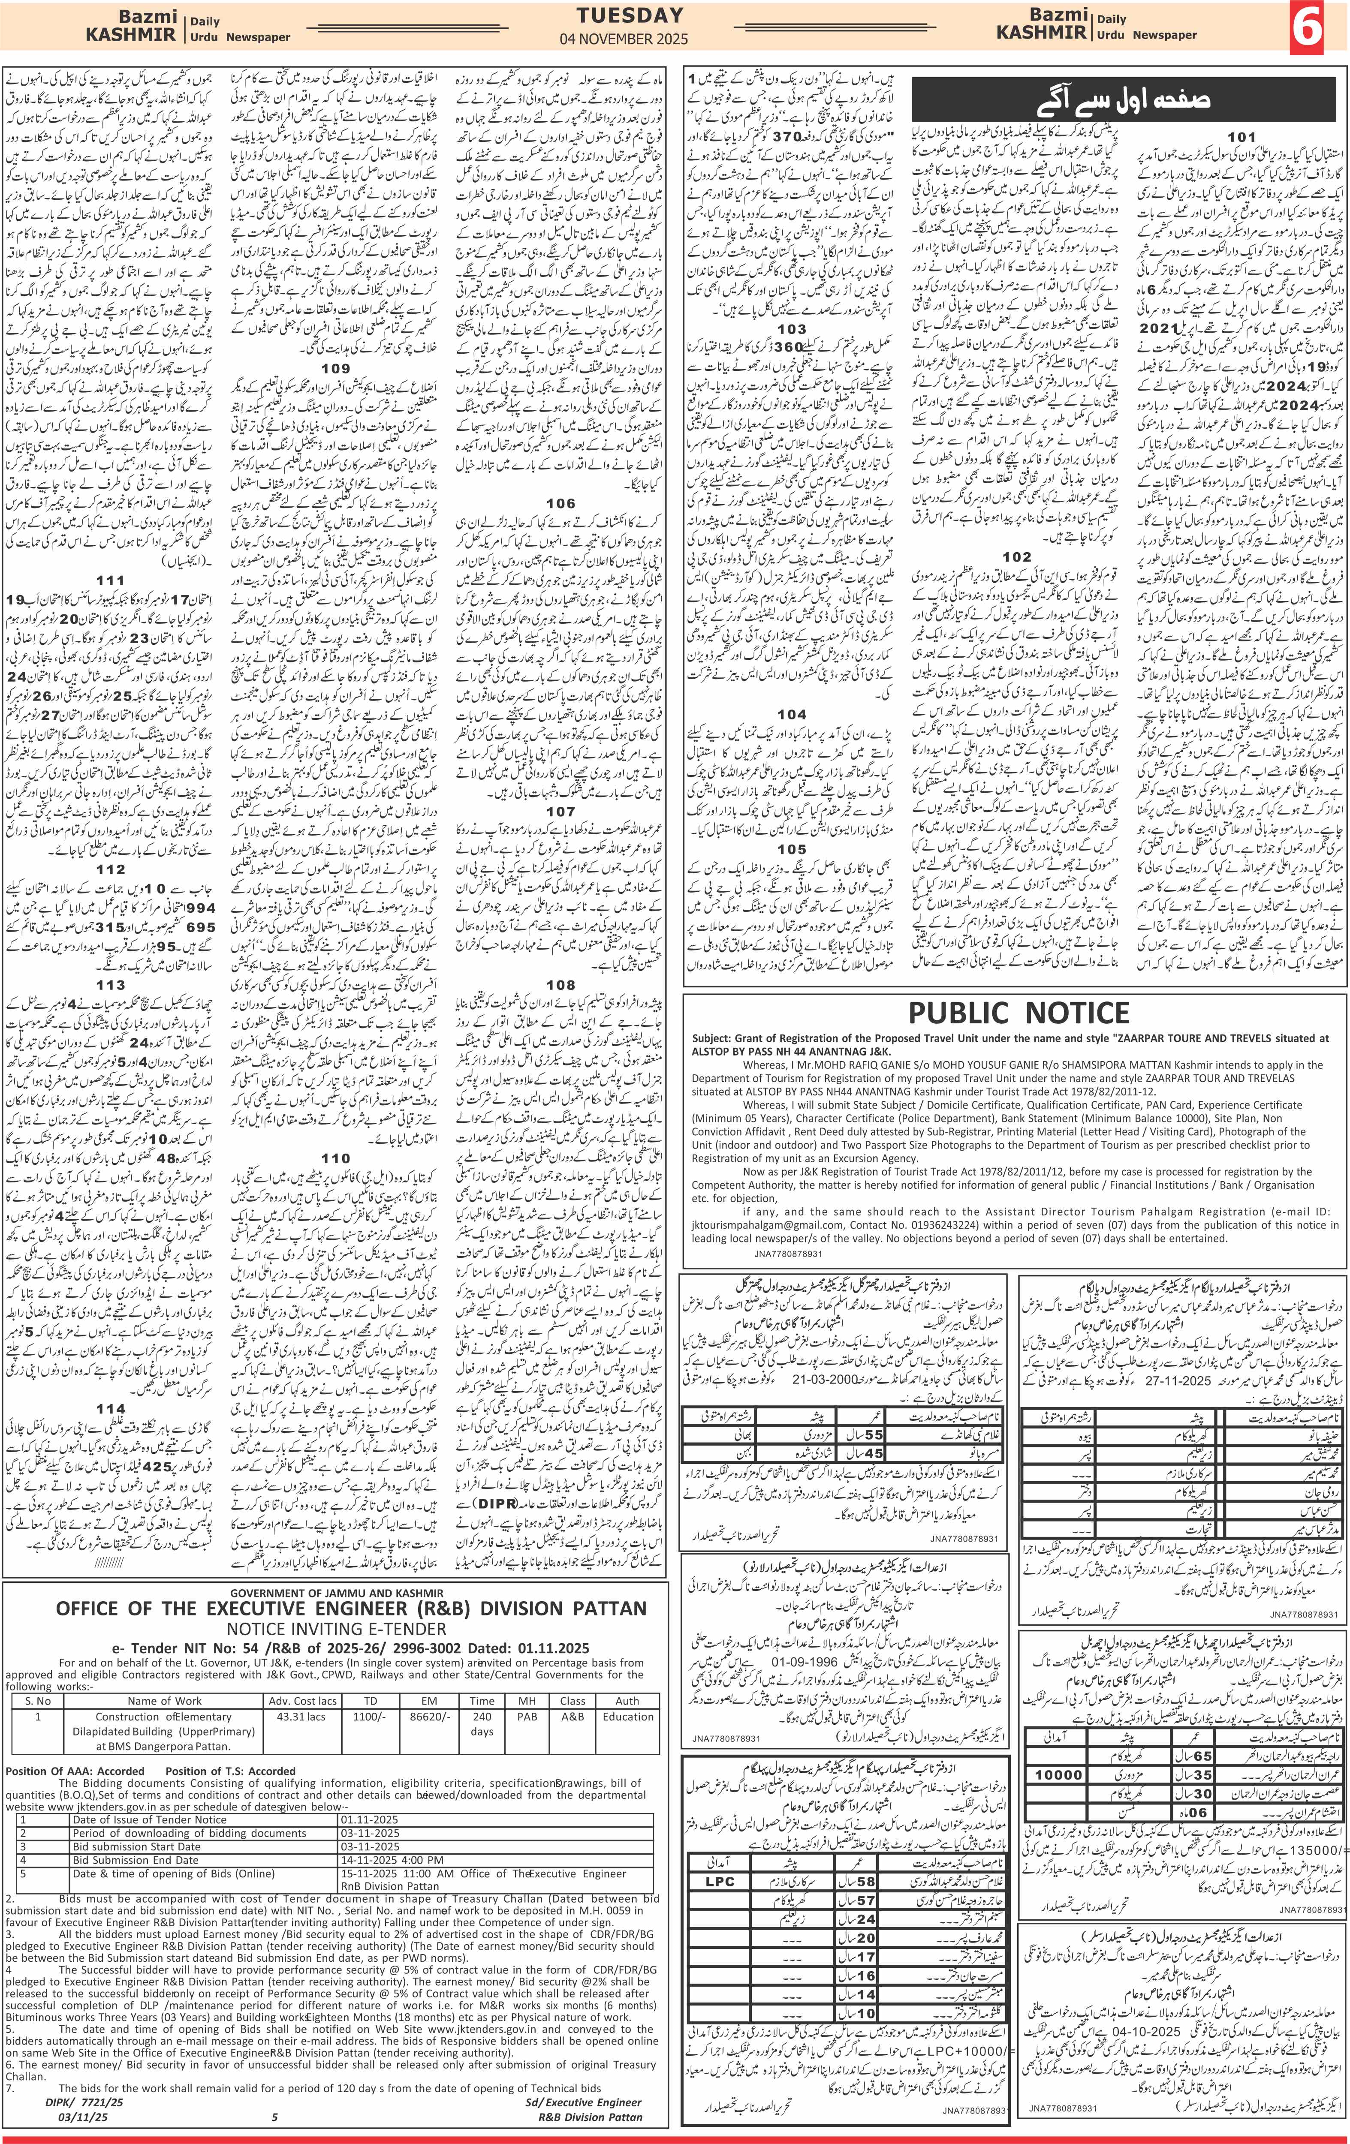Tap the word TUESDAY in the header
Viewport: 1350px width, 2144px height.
(630, 15)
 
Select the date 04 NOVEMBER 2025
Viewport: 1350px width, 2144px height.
(630, 39)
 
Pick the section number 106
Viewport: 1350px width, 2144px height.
(561, 503)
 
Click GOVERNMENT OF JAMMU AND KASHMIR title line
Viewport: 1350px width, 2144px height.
(334, 1593)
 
